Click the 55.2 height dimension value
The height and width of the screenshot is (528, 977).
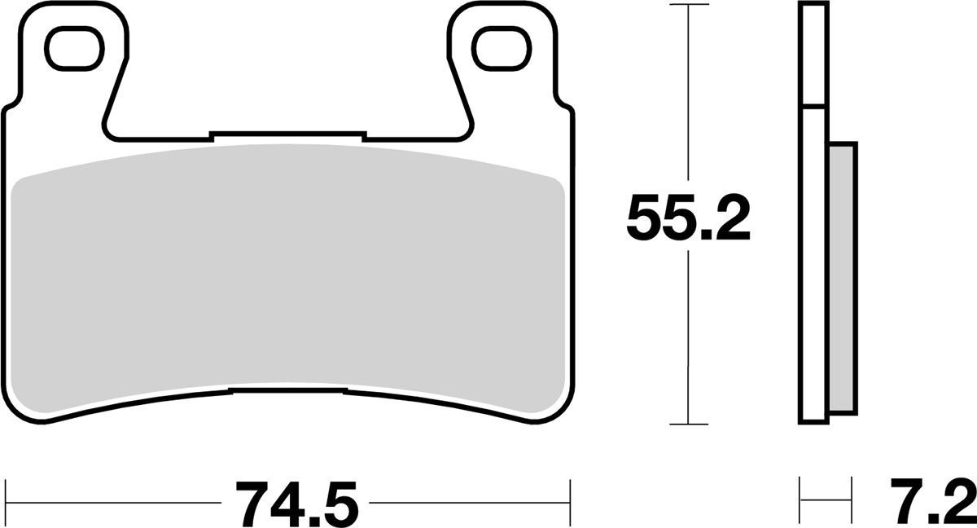[x=689, y=217]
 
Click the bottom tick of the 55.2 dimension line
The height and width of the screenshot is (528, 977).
[x=690, y=424]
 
